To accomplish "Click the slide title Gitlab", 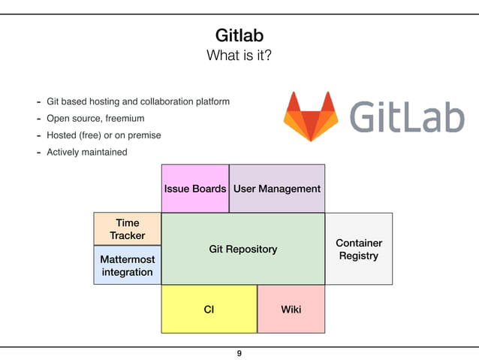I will pos(239,35).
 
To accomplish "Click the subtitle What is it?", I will pos(239,56).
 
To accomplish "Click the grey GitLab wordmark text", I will pos(407,116).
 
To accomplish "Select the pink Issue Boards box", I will pos(195,189).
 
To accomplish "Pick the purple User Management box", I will pos(276,189).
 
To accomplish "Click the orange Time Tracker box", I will pos(128,229).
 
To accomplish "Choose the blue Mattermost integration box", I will pos(128,265).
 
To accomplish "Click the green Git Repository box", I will pos(243,249).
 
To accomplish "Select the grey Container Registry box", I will pos(358,249).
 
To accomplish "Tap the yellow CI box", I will pos(209,309).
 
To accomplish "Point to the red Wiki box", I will pos(291,309).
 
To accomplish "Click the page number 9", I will pos(239,353).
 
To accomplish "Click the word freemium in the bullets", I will pos(125,118).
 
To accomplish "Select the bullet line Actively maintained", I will pos(86,152).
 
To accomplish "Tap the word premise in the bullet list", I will pos(144,135).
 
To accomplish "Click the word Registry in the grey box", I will pos(358,256).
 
